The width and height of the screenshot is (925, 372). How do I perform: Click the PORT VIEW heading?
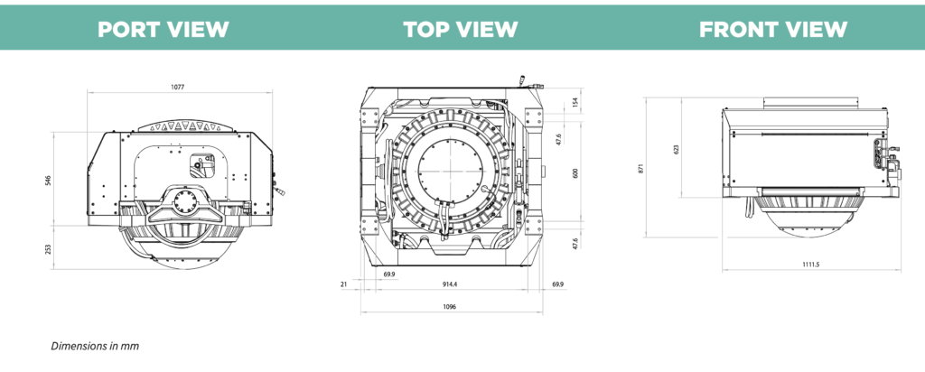pyautogui.click(x=163, y=29)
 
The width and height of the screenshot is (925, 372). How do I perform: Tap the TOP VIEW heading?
pyautogui.click(x=461, y=29)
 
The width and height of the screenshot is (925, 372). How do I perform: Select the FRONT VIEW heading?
pyautogui.click(x=773, y=29)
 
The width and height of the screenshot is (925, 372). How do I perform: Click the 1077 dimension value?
pyautogui.click(x=178, y=87)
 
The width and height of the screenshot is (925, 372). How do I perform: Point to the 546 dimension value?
pyautogui.click(x=49, y=180)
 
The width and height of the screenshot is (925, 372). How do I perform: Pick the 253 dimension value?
pyautogui.click(x=49, y=249)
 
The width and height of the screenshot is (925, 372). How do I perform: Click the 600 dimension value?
pyautogui.click(x=575, y=173)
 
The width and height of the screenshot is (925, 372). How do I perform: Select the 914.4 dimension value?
pyautogui.click(x=450, y=284)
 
